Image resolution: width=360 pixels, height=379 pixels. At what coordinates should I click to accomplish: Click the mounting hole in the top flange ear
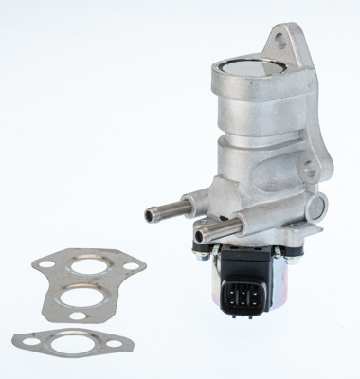pyautogui.click(x=282, y=41)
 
